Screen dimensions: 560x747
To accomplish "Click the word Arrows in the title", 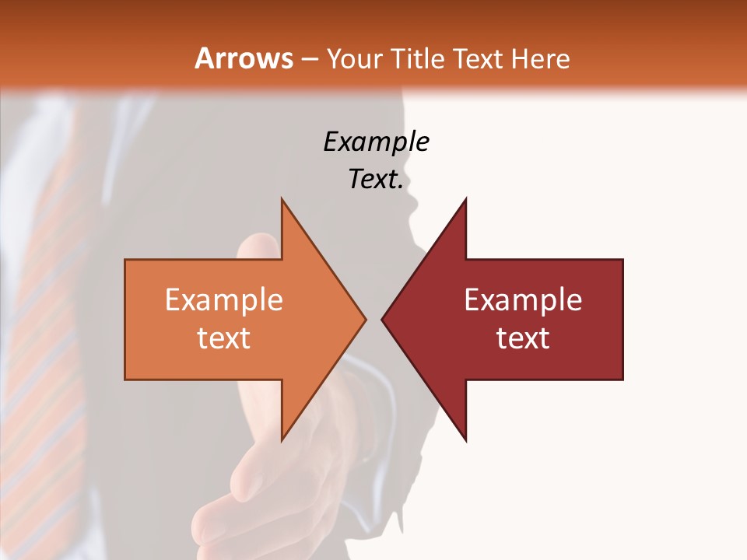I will tap(244, 58).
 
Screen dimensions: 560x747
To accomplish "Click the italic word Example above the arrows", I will tap(376, 142).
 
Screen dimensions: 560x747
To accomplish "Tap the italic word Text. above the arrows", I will tap(376, 180).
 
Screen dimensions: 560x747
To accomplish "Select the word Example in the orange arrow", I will tap(223, 300).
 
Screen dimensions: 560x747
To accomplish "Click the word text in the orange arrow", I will tap(223, 338).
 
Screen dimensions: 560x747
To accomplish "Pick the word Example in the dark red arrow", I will tap(523, 300).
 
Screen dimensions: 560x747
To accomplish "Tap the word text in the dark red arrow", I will tap(523, 338).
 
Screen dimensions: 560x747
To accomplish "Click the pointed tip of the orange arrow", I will tap(365, 319).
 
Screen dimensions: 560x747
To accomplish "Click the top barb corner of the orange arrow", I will tap(282, 200).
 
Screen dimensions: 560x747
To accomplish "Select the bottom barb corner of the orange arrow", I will tap(282, 439).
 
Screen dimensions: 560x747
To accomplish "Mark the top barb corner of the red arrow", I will tap(465, 200).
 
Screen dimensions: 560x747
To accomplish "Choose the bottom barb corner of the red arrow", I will tap(465, 439).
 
